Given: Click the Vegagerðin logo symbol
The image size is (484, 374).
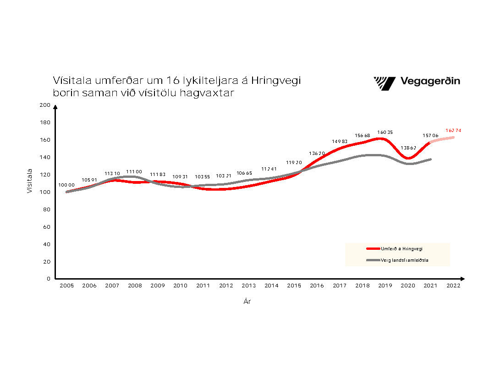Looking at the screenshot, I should click(x=385, y=83).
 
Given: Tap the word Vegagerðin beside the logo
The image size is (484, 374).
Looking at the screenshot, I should click(x=430, y=82).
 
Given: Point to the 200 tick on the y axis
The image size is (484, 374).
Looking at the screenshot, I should click(x=44, y=105).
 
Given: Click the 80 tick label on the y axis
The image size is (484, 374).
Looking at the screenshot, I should click(x=46, y=209).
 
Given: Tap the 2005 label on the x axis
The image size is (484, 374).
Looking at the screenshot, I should click(x=66, y=286).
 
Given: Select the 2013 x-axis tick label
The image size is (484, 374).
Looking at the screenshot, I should click(x=249, y=286).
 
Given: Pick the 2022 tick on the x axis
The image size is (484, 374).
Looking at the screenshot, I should click(x=453, y=286).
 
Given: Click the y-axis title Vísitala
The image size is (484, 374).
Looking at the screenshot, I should click(x=30, y=181).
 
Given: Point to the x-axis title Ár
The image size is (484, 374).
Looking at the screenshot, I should click(x=247, y=302).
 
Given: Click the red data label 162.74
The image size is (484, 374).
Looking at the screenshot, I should click(x=453, y=131).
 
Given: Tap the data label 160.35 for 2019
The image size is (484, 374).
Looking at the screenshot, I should click(x=385, y=132).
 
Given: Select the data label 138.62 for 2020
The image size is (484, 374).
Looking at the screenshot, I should click(x=408, y=148).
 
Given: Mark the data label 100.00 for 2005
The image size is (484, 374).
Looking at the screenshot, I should click(x=66, y=185).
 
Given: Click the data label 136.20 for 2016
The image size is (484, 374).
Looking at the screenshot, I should click(x=317, y=153).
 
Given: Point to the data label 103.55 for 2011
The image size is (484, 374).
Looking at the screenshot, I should click(x=203, y=176).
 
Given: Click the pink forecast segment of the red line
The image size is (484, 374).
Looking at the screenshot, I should click(x=442, y=139).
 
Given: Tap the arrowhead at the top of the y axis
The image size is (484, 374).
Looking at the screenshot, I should click(x=55, y=107).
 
